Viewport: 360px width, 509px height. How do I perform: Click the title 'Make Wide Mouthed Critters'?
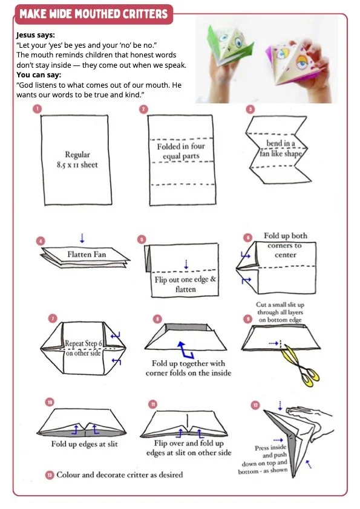coord(94,14)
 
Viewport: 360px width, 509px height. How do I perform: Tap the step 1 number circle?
coord(38,108)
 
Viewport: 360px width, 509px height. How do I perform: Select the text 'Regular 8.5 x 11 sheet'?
coord(77,160)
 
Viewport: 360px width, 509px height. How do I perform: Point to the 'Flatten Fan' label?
coord(87,254)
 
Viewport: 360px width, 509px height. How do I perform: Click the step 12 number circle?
coord(255,405)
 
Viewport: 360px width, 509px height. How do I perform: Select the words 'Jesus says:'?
coord(36,34)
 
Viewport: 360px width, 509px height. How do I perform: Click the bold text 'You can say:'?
coord(39,75)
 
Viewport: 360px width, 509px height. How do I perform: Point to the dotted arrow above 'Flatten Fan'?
coord(82,238)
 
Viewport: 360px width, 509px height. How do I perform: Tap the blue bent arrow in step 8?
coord(185,349)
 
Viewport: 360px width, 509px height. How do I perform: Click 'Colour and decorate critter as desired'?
coord(120,475)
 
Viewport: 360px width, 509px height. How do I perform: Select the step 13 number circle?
coord(50,475)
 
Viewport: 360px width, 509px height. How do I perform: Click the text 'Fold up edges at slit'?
coord(85,444)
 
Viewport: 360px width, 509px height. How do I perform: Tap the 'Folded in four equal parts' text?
coord(181,151)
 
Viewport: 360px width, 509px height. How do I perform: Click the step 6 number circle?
coord(247,238)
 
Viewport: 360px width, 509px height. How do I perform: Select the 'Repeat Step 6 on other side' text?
coord(83,348)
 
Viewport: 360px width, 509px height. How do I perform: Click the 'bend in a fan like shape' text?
coord(281,148)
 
